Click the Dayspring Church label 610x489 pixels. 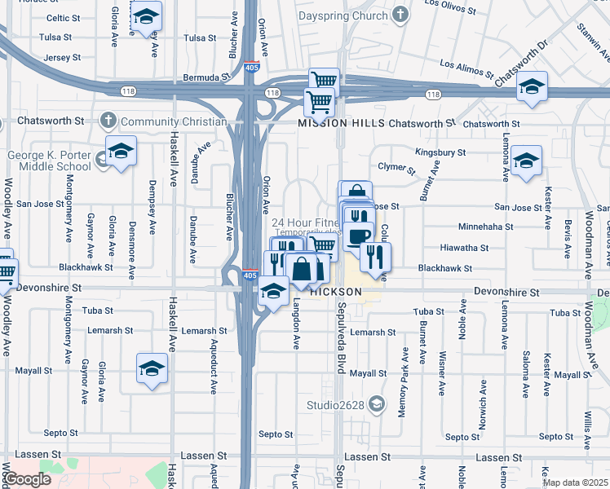tap(343, 15)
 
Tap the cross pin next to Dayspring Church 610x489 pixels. tap(400, 15)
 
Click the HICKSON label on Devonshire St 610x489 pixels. tap(335, 291)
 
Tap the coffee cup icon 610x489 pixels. tap(358, 236)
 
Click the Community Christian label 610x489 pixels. tap(173, 122)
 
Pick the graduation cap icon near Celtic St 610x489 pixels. tap(146, 15)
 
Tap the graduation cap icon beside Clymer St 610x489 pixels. tap(527, 159)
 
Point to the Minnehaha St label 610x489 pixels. tap(486, 227)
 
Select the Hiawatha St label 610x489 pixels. tap(463, 248)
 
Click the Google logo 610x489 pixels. tap(28, 479)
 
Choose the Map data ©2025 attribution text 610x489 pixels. tap(576, 482)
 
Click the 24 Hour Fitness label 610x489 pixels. tap(306, 222)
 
